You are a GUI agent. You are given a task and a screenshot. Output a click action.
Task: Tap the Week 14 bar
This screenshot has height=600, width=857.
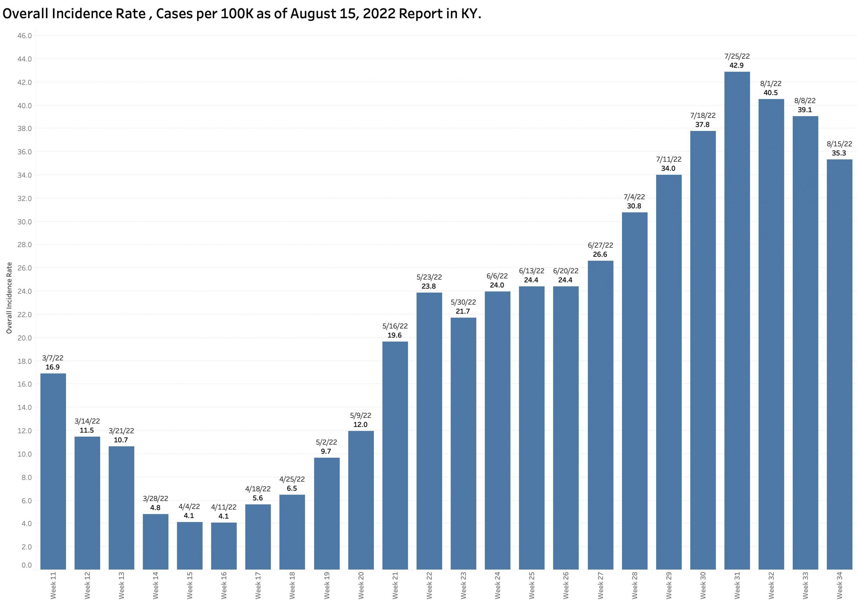[x=155, y=541]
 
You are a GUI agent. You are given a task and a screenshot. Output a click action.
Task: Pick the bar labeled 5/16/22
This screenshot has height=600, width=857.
[x=395, y=455]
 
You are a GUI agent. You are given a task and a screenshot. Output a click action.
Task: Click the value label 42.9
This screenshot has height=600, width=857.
[x=736, y=65]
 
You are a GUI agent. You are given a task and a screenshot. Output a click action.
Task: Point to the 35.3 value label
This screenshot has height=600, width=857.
[x=839, y=153]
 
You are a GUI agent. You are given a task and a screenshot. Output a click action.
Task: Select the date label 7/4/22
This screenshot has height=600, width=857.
[x=634, y=197]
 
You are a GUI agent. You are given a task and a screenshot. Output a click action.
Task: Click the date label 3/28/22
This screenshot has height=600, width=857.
[x=155, y=499]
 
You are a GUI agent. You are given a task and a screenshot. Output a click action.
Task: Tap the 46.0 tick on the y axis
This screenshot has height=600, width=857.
[x=24, y=36]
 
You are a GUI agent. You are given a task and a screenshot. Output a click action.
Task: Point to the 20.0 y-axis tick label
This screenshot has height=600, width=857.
[x=24, y=338]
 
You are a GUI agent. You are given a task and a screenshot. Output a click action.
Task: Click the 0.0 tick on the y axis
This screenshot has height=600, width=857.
[x=26, y=565]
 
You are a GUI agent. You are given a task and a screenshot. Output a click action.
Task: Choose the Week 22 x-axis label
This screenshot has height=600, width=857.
[x=429, y=585]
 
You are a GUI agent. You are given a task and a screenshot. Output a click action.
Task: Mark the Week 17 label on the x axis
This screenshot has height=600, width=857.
[x=258, y=585]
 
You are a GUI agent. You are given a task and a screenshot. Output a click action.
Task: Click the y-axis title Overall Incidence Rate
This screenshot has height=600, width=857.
[x=9, y=298]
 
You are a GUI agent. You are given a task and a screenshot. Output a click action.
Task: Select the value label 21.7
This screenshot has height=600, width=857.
[x=463, y=311]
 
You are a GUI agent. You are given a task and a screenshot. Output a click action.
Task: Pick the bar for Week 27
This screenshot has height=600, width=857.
[x=600, y=415]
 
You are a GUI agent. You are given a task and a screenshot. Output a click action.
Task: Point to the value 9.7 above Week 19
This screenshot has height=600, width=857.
[x=326, y=451]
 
